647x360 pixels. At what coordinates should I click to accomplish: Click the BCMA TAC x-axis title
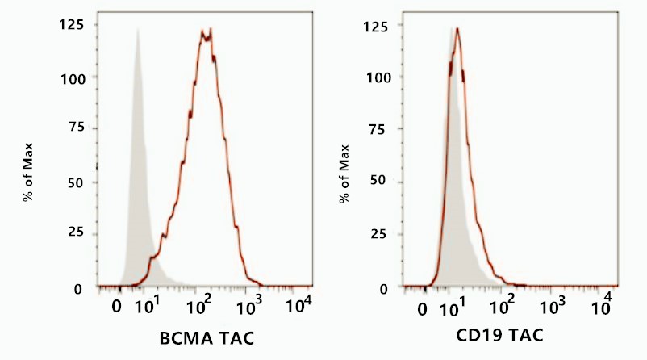202,337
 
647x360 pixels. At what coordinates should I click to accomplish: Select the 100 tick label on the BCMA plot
73,77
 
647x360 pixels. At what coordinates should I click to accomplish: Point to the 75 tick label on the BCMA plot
77,130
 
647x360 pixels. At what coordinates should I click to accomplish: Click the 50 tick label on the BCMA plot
77,182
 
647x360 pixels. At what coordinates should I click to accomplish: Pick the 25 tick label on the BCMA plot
77,236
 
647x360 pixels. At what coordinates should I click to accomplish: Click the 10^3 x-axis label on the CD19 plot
553,307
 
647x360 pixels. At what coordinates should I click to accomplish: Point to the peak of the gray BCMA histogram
138,31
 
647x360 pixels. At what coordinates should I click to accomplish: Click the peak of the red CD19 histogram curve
457,29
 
